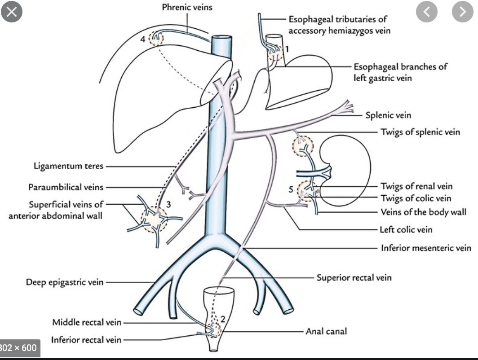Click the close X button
[x=13, y=13]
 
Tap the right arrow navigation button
[x=462, y=13]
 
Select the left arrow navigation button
[x=427, y=13]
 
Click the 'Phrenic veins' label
[x=188, y=7]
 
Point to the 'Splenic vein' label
[x=388, y=115]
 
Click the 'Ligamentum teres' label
[x=68, y=166]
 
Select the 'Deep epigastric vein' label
[x=64, y=282]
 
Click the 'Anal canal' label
[x=326, y=332]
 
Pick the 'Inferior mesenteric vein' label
[x=426, y=247]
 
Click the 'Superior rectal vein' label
[x=354, y=277]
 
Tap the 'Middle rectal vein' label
[x=87, y=322]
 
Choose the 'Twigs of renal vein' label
[x=416, y=186]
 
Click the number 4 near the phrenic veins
[x=142, y=40]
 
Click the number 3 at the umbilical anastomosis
[x=168, y=204]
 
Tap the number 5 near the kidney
[x=291, y=190]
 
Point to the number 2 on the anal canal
[x=222, y=319]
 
